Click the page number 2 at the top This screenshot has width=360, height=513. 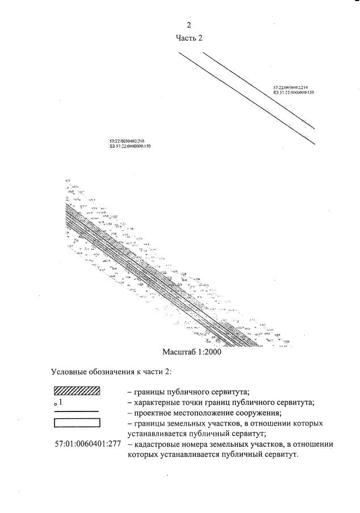pos(189,25)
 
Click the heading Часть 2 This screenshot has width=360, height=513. pos(189,38)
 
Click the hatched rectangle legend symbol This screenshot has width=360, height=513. pos(77,391)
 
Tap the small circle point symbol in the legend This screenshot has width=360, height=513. pos(55,405)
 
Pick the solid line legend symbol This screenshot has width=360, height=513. pos(77,412)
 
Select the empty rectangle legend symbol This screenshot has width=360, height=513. pos(77,422)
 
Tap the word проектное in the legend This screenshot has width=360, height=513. pos(155,413)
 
